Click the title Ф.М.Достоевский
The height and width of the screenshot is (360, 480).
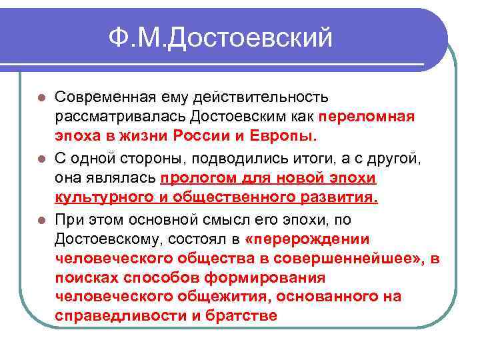pyautogui.click(x=221, y=37)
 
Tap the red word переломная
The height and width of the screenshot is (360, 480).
pyautogui.click(x=366, y=117)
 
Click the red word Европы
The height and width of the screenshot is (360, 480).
pyautogui.click(x=285, y=137)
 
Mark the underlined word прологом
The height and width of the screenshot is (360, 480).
pyautogui.click(x=195, y=179)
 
